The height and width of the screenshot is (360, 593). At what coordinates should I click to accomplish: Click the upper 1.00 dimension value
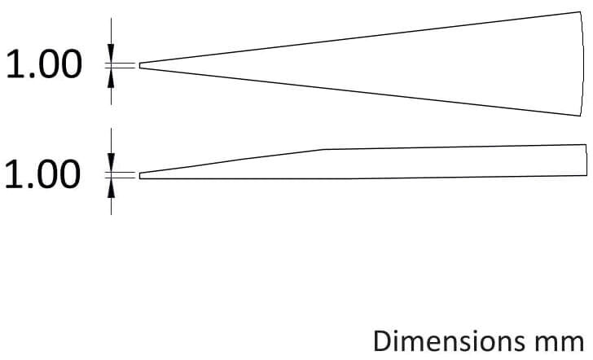coord(44,65)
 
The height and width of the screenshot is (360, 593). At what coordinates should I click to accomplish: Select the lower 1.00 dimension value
coord(44,174)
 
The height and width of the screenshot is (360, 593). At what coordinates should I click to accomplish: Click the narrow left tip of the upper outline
coord(141,66)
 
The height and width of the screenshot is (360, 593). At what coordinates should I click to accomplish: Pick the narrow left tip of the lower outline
coord(141,175)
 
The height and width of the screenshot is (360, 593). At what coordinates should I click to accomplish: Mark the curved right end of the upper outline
coord(581,64)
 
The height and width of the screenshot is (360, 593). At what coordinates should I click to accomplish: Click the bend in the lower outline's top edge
coord(325,149)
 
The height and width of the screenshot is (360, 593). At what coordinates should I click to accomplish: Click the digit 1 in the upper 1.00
coord(15,65)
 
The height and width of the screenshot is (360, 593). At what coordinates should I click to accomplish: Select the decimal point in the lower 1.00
coord(32,187)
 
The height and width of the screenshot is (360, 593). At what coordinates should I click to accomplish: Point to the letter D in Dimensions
coord(382,340)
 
